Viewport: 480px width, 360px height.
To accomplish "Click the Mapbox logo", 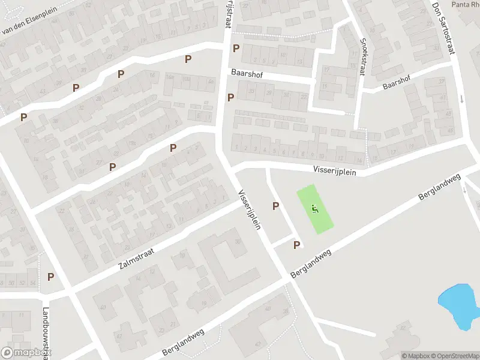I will coord(26,352).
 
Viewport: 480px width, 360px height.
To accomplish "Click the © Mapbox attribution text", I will coord(415,356).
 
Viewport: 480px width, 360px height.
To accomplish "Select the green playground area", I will coord(316,209).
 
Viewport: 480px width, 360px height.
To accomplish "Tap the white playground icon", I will coord(316,209).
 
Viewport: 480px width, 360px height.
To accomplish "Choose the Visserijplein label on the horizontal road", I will coord(334,171).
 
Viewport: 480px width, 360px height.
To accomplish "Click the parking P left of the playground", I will coord(276,206).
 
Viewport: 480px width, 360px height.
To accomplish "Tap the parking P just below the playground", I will coord(296,245).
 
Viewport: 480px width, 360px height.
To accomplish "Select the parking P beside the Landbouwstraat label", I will coord(51,277).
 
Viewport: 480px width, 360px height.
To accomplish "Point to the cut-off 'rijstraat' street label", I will coord(227,13).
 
